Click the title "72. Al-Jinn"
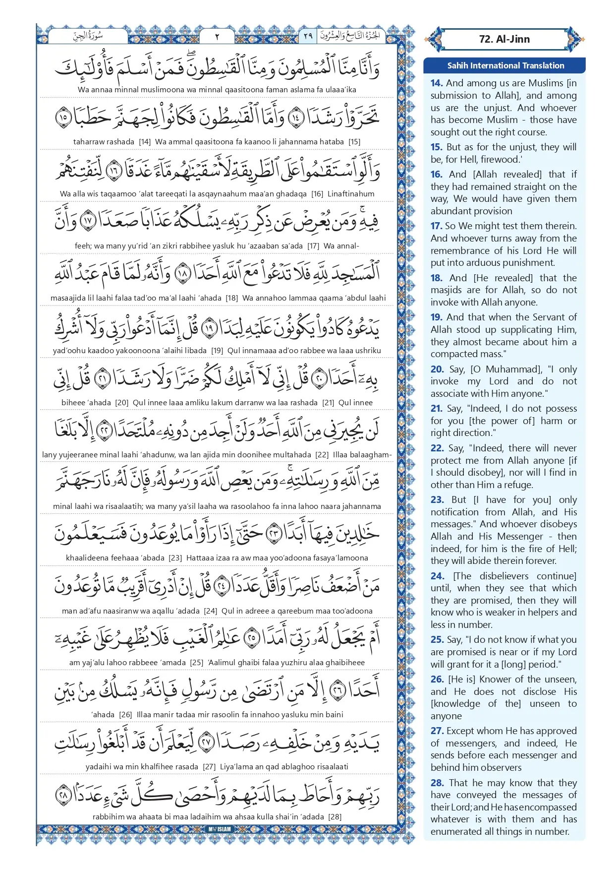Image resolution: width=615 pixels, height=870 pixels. pos(504,39)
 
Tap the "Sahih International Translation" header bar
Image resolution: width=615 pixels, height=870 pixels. pos(505,65)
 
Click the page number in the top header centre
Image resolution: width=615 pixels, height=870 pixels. pos(217,36)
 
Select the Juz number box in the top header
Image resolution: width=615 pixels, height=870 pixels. pos(308,36)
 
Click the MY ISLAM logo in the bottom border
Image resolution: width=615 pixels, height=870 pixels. pos(220,829)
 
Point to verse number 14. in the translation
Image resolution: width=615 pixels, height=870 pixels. pos(437,83)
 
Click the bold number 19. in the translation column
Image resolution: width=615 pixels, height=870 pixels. pos(437,317)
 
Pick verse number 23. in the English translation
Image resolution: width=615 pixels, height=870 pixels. pos(437,500)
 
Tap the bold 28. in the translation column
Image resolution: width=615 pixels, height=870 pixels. pos(437,783)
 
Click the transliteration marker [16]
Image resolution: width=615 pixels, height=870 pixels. pos(317,194)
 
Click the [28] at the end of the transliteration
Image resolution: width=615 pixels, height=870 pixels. pos(335,816)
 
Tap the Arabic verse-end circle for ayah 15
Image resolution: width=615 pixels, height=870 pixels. pos(64,118)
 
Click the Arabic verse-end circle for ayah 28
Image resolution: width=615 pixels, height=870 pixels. pos(63,795)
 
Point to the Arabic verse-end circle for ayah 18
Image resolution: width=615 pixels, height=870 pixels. pos(183,274)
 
